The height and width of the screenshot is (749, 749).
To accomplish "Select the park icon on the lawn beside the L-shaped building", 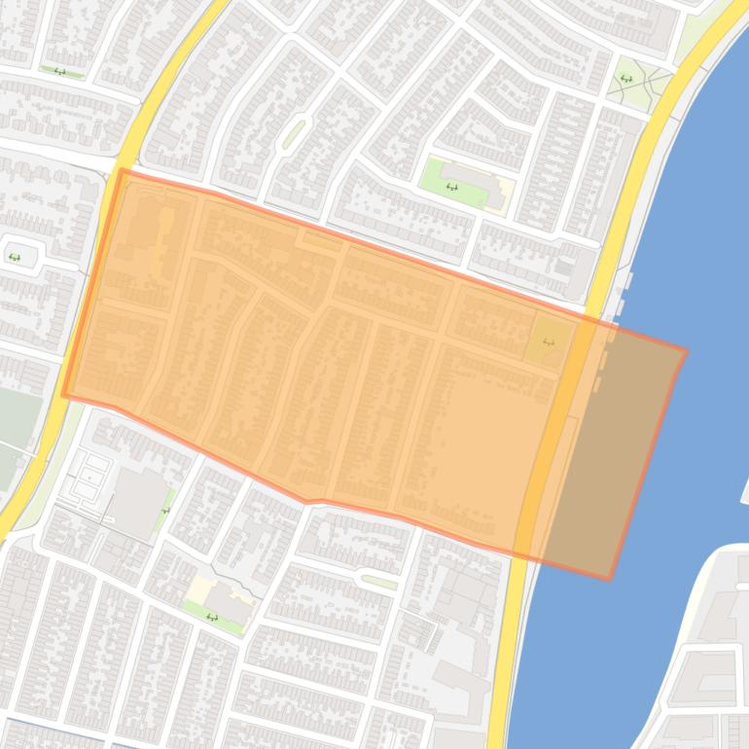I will (450, 186).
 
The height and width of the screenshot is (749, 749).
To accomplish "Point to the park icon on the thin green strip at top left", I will (60, 71).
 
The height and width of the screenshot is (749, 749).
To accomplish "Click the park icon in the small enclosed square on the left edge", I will (15, 257).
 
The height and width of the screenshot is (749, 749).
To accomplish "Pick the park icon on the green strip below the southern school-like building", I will (212, 617).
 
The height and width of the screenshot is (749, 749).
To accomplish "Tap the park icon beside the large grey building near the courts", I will (165, 508).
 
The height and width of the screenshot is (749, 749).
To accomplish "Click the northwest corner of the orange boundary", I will (122, 171).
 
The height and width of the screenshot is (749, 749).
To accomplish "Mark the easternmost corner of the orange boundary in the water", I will (686, 351).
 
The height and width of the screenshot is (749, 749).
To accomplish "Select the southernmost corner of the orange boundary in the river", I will (610, 579).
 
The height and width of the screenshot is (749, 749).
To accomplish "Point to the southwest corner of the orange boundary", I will (64, 395).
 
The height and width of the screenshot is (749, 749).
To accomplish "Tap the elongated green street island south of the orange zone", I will (378, 582).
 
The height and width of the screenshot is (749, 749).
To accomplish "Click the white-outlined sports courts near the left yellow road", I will (89, 477).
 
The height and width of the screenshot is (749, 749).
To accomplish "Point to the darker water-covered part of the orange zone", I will (623, 447).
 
